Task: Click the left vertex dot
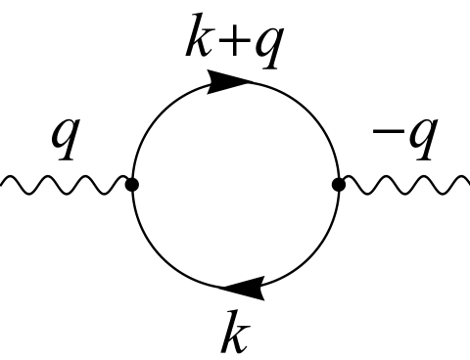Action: coord(133,183)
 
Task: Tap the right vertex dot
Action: coord(338,183)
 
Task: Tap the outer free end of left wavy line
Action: coord(3,183)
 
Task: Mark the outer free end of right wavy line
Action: coord(466,183)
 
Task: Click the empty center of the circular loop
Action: coord(235,183)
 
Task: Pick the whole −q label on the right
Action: coord(401,142)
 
